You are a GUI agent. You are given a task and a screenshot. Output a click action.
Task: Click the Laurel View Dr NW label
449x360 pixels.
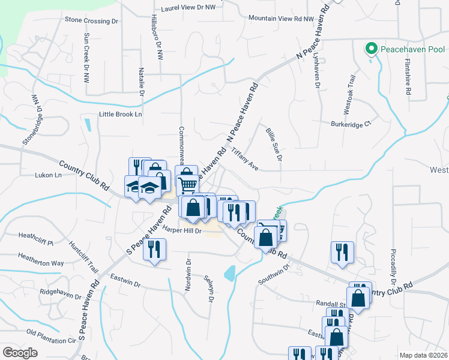pos(183,8)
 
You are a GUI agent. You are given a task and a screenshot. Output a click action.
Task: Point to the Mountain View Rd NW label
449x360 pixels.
pos(281,19)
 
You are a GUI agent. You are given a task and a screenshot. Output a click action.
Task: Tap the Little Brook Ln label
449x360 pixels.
pos(120,114)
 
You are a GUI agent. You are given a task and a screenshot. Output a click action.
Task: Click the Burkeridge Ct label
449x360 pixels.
pos(352,124)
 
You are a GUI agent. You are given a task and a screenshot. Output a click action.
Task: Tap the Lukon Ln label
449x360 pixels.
pos(49,175)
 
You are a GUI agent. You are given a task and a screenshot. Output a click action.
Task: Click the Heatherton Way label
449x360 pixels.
pos(41,263)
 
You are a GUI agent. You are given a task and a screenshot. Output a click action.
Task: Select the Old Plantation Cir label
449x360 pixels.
pos(53,336)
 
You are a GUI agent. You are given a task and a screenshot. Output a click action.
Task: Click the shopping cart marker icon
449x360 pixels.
pos(187,185)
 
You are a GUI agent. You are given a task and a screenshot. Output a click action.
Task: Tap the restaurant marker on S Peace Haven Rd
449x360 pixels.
pos(154,248)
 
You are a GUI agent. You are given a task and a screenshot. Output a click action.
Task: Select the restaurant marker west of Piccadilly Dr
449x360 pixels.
pos(342,251)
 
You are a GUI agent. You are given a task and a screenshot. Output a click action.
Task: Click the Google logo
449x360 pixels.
pos(20,353)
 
